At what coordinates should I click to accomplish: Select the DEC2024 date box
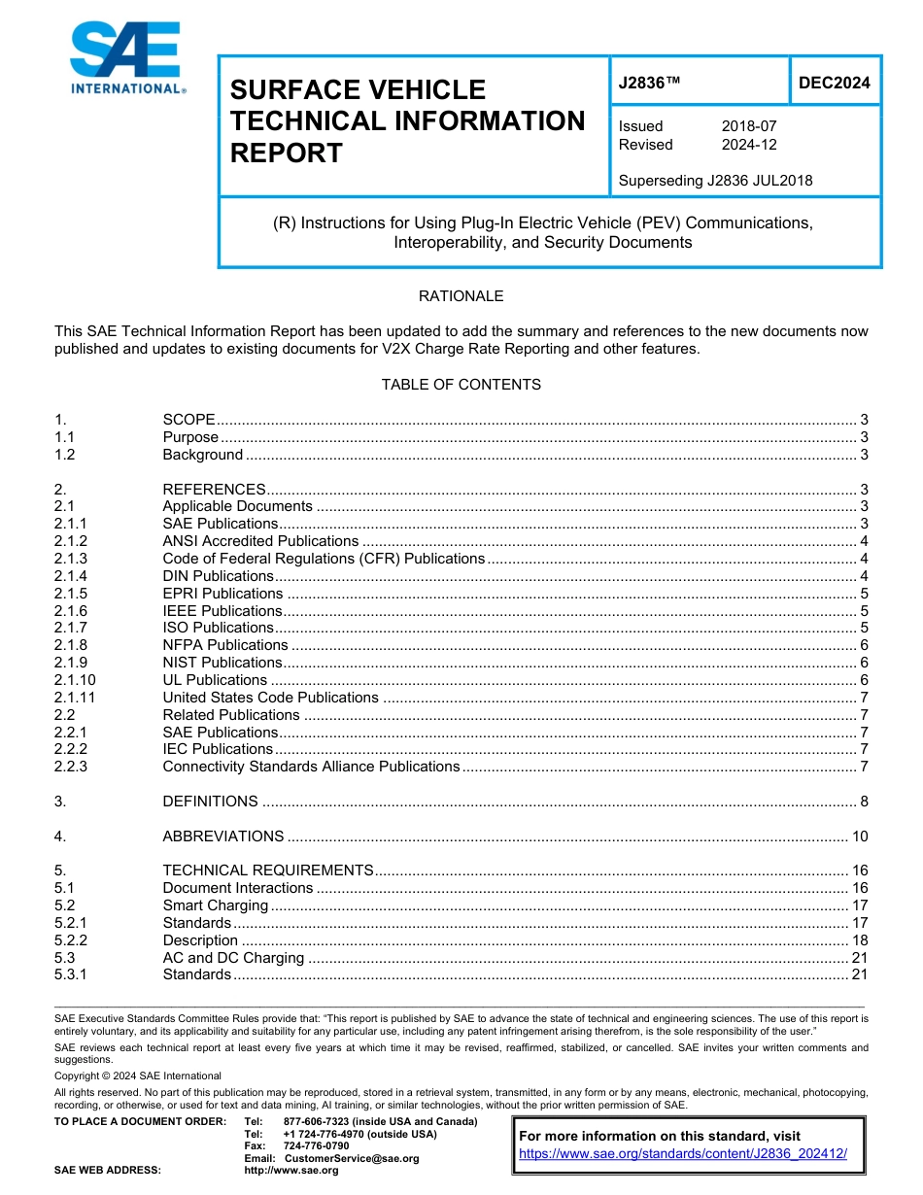tap(834, 84)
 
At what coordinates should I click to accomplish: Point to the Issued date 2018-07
tap(748, 126)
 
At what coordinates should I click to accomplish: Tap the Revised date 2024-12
tap(748, 145)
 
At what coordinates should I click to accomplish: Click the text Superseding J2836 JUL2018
tap(715, 180)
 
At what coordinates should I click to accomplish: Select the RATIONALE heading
tap(461, 296)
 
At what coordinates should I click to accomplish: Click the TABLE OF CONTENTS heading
tap(461, 385)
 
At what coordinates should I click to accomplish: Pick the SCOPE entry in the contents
tap(189, 420)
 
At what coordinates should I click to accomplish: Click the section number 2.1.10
tap(76, 680)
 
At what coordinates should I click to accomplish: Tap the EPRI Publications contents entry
tap(222, 594)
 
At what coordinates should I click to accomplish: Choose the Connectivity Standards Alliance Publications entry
tap(311, 767)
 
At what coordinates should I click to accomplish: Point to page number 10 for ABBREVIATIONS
tap(859, 836)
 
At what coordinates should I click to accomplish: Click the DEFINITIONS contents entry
tap(210, 802)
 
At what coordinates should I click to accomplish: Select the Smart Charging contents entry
tap(215, 905)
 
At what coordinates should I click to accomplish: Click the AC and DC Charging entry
tap(233, 958)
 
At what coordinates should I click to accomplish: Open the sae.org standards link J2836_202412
tap(683, 1153)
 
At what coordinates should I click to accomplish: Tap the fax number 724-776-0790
tap(316, 1145)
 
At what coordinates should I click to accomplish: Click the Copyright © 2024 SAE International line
tap(138, 1075)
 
